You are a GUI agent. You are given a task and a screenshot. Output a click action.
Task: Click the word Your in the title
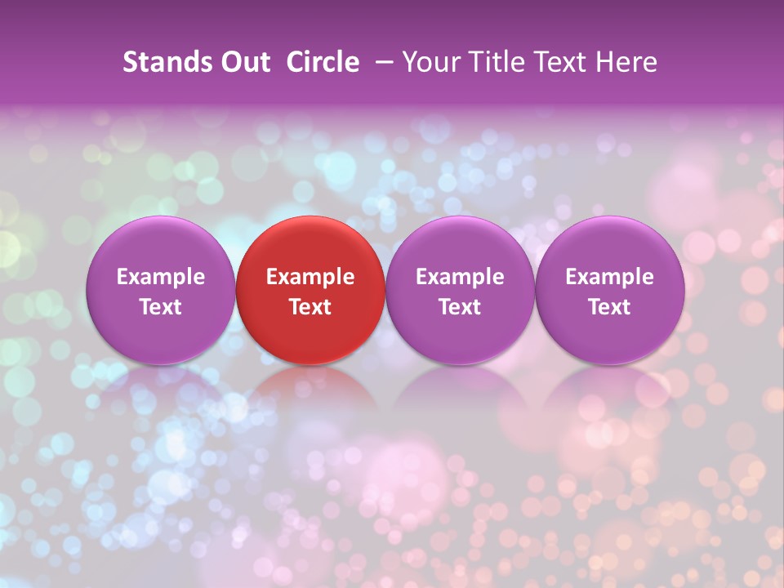click(430, 62)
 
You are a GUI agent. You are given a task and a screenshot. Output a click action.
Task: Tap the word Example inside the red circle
click(310, 277)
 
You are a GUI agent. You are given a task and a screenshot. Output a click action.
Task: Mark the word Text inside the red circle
click(310, 307)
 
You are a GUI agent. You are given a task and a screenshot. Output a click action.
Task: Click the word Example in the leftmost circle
click(161, 277)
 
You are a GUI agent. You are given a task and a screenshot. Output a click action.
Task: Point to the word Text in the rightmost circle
click(609, 307)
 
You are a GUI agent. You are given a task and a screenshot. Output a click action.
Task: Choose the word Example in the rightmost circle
click(609, 277)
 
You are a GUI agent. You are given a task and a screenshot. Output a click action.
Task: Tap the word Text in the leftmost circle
click(161, 307)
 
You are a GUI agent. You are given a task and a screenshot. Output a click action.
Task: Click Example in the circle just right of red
click(460, 277)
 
